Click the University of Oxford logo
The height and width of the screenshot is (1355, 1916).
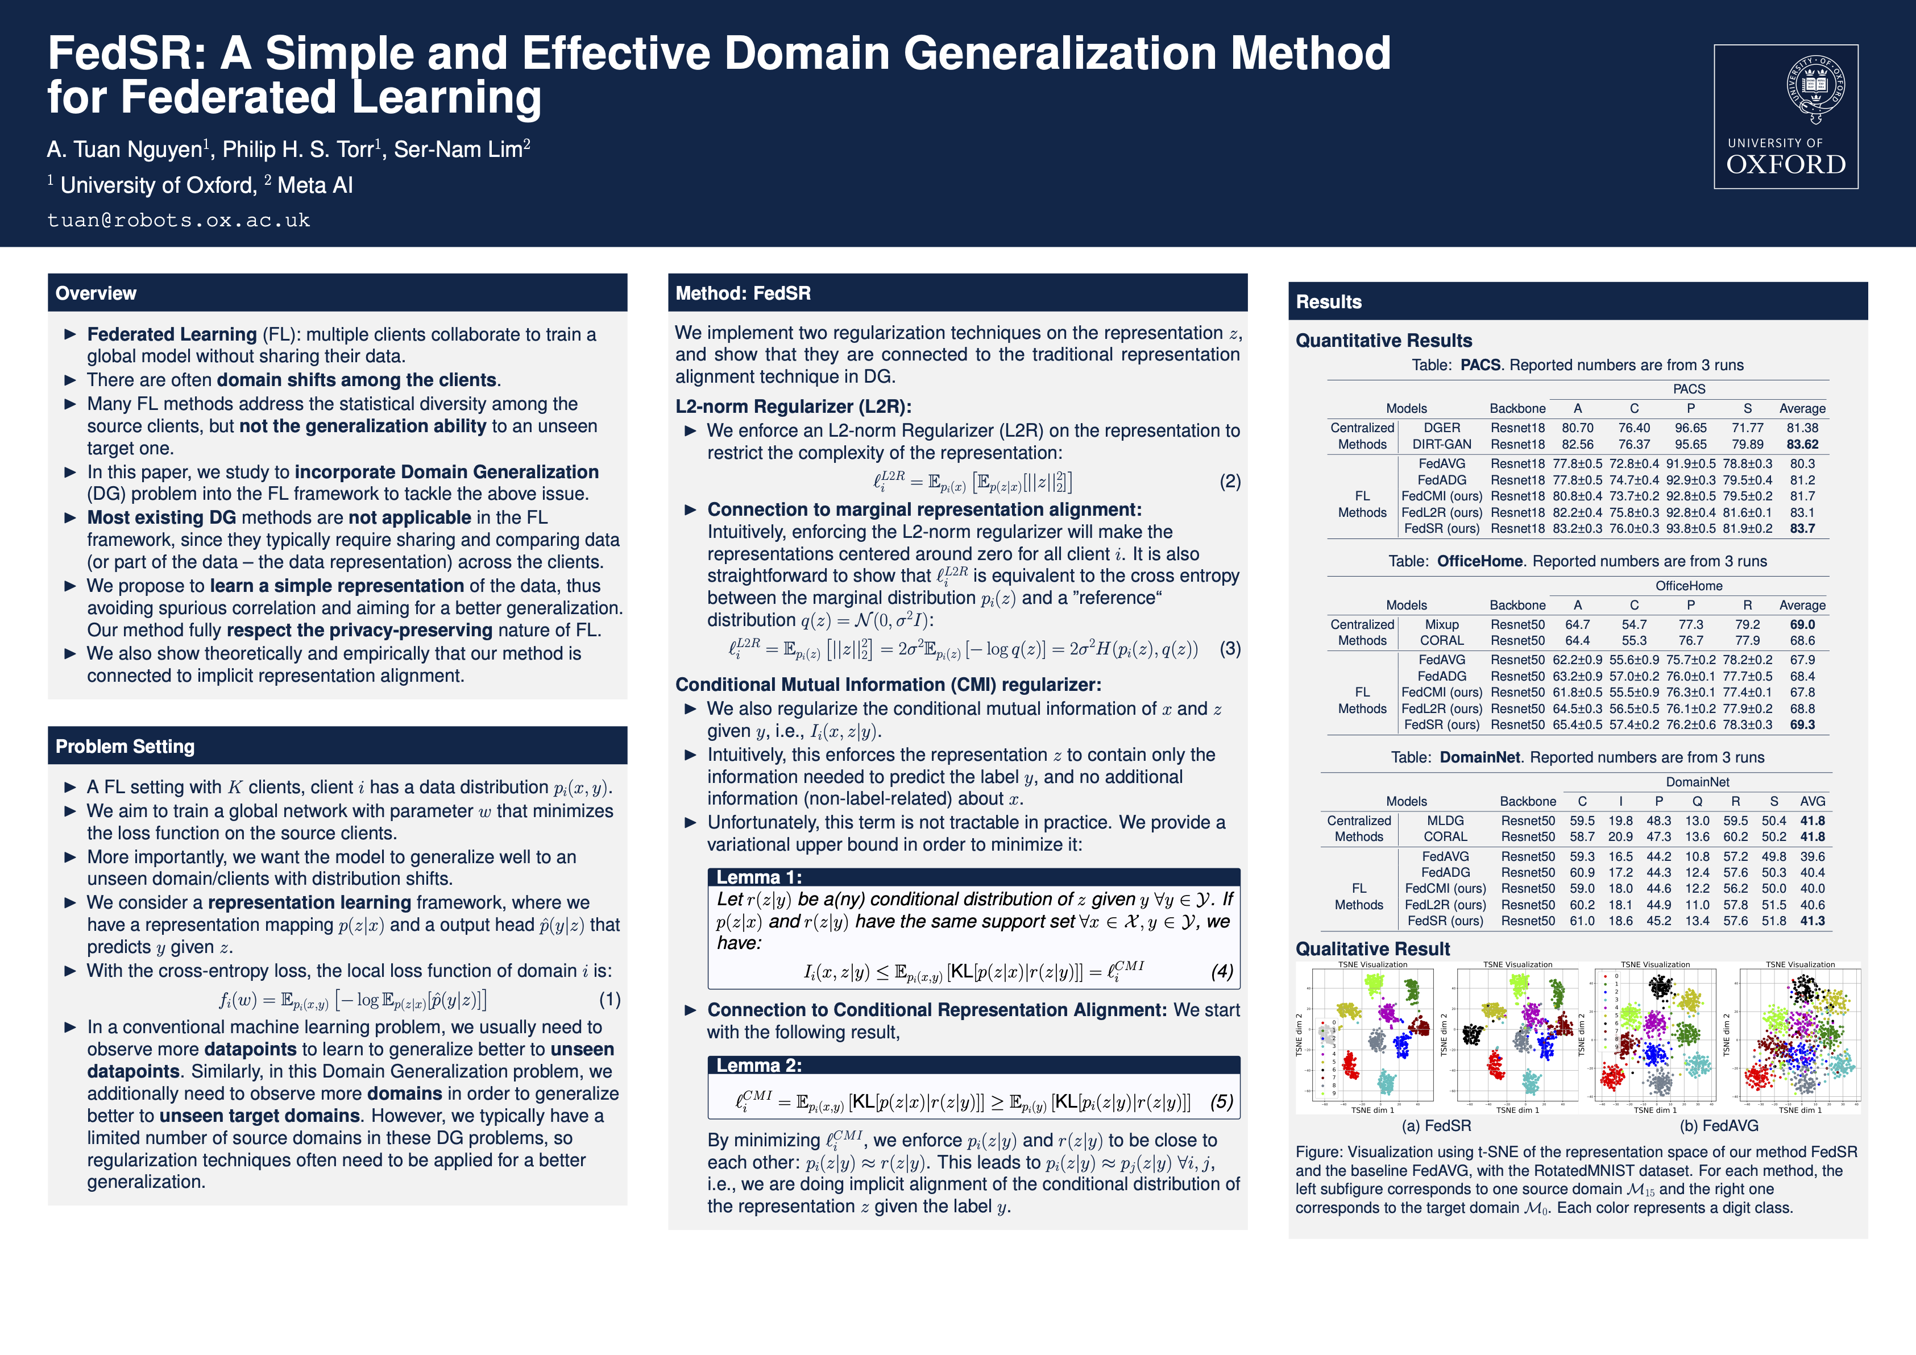(1786, 117)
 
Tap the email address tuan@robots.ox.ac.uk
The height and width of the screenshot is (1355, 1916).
(179, 220)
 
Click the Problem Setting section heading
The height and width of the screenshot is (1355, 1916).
(125, 747)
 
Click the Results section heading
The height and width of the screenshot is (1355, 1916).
(1329, 302)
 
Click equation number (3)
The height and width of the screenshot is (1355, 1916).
(1229, 649)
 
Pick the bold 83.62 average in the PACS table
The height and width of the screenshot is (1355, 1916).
(1802, 445)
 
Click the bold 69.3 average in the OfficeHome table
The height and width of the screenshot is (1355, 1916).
(1802, 725)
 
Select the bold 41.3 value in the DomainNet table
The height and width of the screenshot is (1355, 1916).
(1812, 921)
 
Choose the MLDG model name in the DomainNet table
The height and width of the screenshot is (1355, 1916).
(1445, 821)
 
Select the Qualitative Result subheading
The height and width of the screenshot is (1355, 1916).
(1372, 948)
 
